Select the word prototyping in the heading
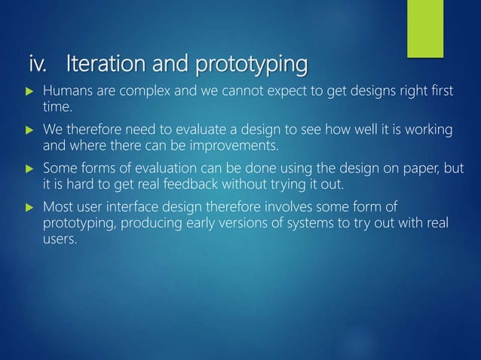click(x=251, y=67)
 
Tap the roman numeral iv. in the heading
click(x=39, y=66)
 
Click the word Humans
click(x=67, y=93)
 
